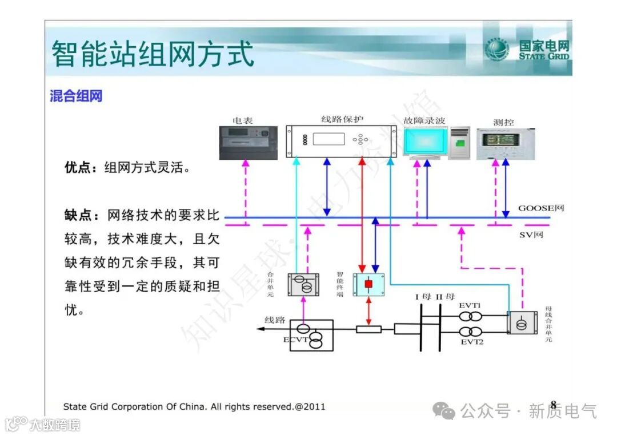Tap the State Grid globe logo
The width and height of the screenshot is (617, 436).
pos(497,50)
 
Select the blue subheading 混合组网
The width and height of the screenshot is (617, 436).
pos(76,96)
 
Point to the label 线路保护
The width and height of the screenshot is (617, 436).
pos(342,119)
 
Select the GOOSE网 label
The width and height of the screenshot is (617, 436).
pos(540,208)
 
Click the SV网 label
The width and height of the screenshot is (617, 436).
pos(531,235)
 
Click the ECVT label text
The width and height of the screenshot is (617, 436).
pos(295,340)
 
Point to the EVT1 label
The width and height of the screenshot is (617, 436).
pos(471,305)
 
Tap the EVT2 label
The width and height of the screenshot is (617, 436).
pos(472,342)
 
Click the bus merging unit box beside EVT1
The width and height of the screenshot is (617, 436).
pos(522,322)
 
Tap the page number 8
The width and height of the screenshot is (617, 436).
pos(552,405)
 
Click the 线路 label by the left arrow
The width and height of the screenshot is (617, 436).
pos(274,320)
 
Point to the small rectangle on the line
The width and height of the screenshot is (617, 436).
pos(368,329)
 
